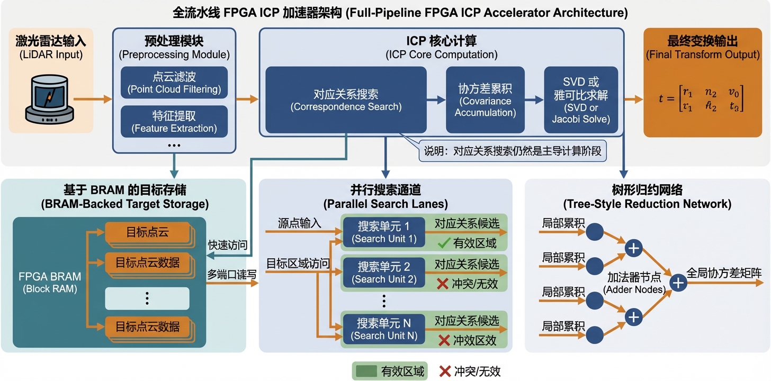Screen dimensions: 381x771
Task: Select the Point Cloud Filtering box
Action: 174,83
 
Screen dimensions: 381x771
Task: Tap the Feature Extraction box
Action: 174,122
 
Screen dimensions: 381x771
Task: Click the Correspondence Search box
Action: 346,99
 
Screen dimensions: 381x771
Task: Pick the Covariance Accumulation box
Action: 485,99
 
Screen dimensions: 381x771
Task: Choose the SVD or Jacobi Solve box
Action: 581,99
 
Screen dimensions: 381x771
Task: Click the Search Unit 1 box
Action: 384,232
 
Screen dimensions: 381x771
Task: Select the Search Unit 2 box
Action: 384,272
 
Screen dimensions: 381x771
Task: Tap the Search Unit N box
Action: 384,329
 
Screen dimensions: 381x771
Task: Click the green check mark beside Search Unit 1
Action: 443,244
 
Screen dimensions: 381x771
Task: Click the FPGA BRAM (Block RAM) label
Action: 49,282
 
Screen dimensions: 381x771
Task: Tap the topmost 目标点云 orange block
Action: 147,233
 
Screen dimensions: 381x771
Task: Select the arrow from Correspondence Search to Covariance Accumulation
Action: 436,99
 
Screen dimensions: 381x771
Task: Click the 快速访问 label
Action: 228,245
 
